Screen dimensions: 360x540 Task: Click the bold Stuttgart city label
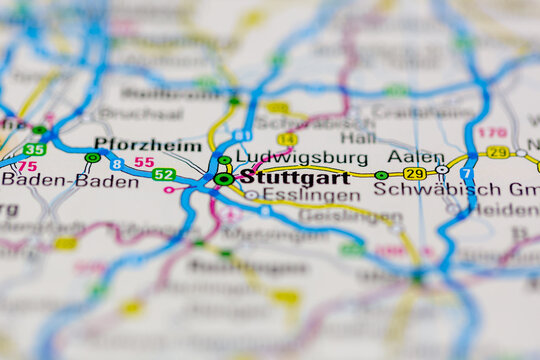(296, 178)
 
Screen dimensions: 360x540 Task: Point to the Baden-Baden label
(70, 181)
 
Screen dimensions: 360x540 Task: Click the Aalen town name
(415, 157)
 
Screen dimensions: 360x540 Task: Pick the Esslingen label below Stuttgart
(297, 195)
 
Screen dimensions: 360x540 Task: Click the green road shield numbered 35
(34, 149)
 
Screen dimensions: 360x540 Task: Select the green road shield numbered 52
(164, 174)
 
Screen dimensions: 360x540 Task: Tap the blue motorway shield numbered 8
(117, 164)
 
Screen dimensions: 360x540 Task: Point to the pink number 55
(144, 162)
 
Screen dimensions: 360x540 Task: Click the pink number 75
(27, 167)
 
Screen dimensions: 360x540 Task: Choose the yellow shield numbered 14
(287, 139)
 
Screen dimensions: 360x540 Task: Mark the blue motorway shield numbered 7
(464, 174)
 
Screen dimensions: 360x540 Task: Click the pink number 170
(491, 132)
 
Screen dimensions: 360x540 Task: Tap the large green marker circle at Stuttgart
(224, 179)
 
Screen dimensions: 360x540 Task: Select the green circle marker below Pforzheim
(92, 157)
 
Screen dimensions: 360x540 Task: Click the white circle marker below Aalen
(441, 170)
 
